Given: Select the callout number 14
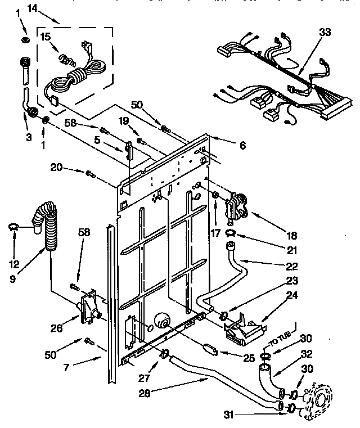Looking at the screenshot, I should tap(31, 8).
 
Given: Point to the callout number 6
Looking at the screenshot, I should tap(242, 145).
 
